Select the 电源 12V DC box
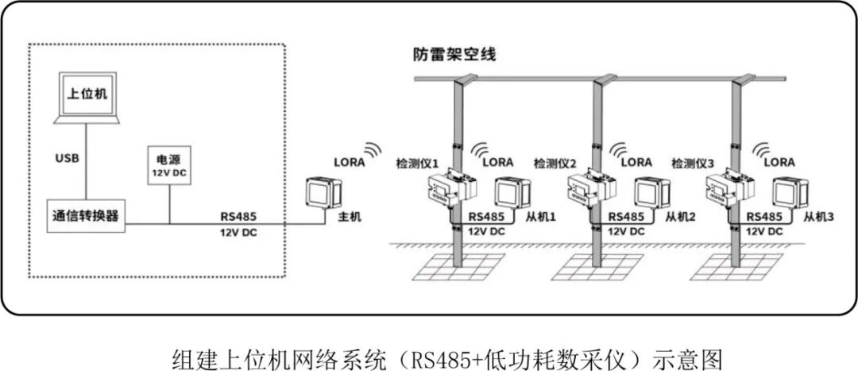169,165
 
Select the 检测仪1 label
418,163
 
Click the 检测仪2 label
556,163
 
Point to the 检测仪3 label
694,163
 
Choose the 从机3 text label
818,215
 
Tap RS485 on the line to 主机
238,216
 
